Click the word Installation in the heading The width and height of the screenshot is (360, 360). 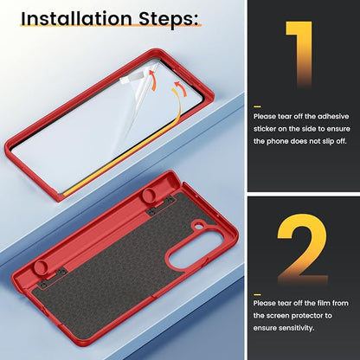click(x=77, y=18)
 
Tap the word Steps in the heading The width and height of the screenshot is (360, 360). click(x=166, y=19)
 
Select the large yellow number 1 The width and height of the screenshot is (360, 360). click(x=299, y=55)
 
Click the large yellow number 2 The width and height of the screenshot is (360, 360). click(x=303, y=249)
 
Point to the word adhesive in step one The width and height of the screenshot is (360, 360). click(x=333, y=117)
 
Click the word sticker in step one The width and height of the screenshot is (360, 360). click(x=265, y=129)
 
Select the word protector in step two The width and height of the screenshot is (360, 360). click(x=306, y=316)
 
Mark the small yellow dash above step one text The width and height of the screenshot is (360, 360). click(x=257, y=106)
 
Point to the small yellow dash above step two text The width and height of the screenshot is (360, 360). click(x=257, y=294)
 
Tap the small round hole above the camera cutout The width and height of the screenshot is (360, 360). click(x=198, y=227)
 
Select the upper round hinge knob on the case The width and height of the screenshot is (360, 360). click(x=150, y=196)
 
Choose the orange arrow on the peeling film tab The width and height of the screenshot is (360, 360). click(x=152, y=80)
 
